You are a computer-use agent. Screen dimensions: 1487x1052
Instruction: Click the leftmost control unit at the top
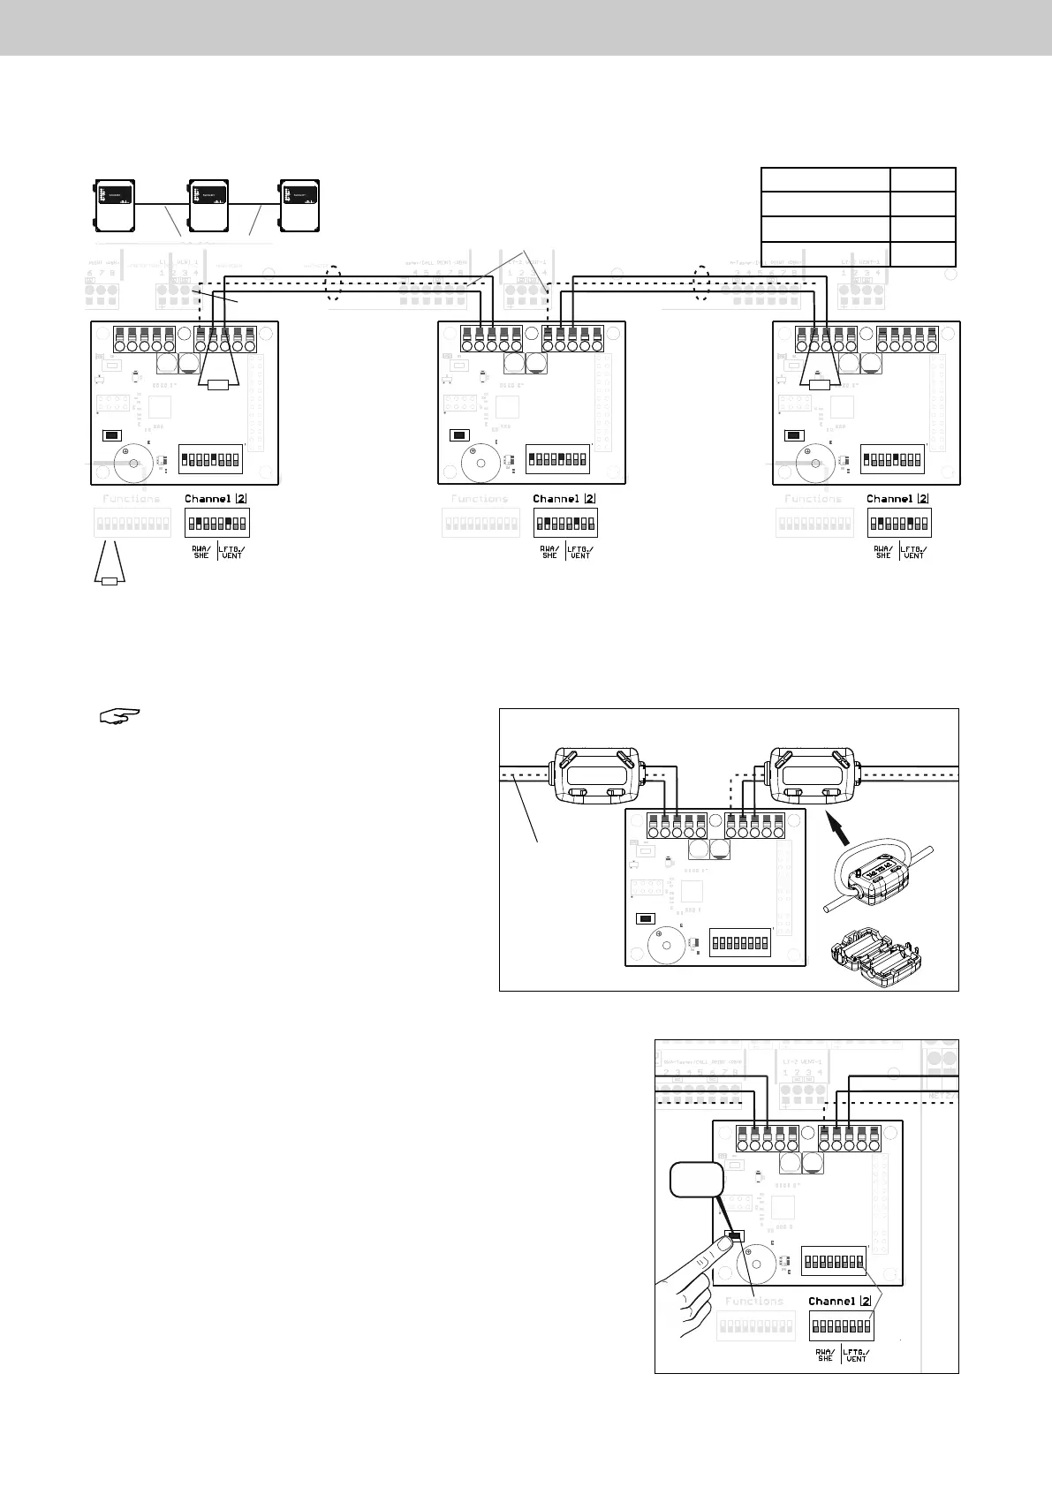pyautogui.click(x=116, y=206)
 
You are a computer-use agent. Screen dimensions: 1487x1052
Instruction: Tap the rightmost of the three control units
pyautogui.click(x=299, y=206)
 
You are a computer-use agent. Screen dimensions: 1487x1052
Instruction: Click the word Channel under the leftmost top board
pyautogui.click(x=208, y=499)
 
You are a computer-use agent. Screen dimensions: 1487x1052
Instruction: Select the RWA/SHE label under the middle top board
pyautogui.click(x=549, y=551)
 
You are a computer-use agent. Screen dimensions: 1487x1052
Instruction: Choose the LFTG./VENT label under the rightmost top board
pyautogui.click(x=914, y=551)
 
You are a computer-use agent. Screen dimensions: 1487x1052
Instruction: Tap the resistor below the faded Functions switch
pyautogui.click(x=110, y=580)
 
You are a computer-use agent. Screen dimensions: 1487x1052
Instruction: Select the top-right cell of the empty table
pyautogui.click(x=923, y=178)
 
